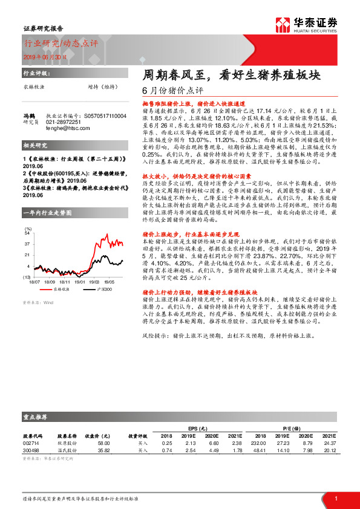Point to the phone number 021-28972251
[x=63, y=122]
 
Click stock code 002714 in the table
[x=31, y=443]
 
